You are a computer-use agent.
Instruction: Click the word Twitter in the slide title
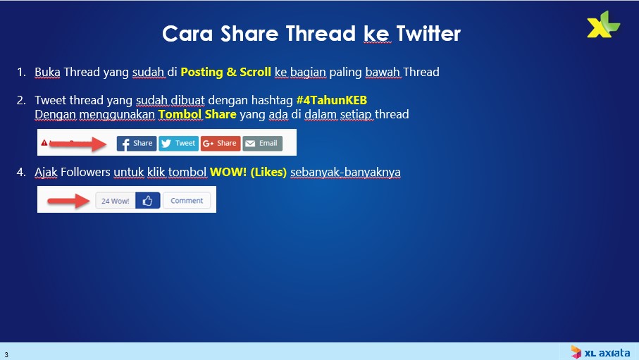coord(428,33)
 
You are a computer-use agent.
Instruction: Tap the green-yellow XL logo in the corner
coord(603,25)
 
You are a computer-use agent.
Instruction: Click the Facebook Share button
coord(137,143)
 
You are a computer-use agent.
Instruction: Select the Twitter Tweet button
coord(178,143)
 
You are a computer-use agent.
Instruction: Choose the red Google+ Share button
coord(221,143)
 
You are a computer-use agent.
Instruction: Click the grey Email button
coord(263,143)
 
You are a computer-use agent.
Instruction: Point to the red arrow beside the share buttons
coord(77,144)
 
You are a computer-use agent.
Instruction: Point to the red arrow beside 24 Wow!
coord(68,201)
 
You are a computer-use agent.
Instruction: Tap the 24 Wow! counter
coord(116,201)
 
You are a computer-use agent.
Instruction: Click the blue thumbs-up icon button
coord(147,201)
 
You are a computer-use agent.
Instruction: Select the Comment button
coord(187,201)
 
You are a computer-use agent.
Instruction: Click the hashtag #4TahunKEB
coord(332,100)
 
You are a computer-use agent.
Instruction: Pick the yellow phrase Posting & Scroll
coord(225,72)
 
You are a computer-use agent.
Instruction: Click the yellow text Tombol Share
coord(197,114)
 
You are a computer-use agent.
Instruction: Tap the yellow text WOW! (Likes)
coord(248,172)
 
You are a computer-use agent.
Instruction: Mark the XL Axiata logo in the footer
coord(600,352)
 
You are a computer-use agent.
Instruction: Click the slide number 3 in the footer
coord(6,354)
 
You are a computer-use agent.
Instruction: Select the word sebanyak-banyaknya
coord(346,173)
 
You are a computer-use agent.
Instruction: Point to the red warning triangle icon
coord(44,143)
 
